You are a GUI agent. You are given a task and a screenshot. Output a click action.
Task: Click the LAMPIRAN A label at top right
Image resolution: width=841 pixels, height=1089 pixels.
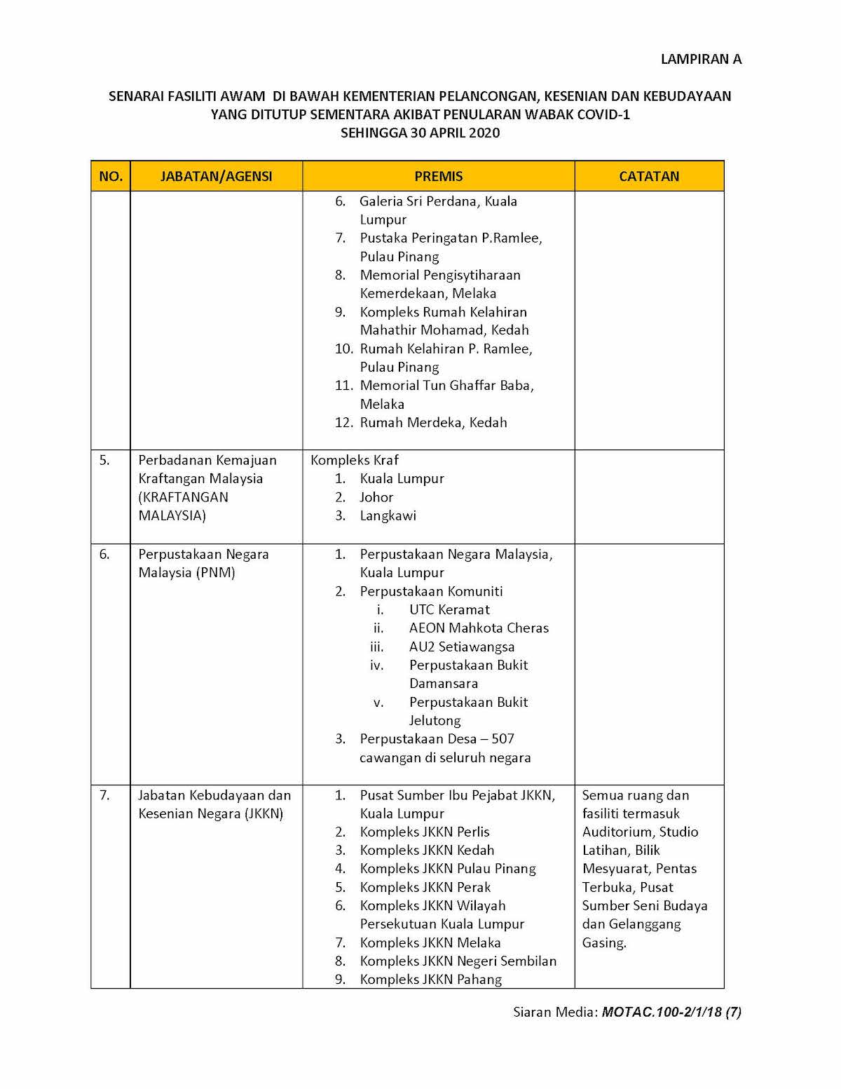point(701,60)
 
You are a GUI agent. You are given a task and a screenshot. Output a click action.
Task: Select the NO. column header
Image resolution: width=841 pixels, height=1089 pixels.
point(111,176)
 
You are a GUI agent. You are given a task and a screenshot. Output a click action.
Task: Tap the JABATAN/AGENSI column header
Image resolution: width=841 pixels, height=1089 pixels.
point(216,176)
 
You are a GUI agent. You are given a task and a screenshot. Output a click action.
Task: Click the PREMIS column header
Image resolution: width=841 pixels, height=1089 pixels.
point(439,176)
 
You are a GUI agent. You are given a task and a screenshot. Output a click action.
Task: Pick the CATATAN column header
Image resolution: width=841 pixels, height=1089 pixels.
point(649,176)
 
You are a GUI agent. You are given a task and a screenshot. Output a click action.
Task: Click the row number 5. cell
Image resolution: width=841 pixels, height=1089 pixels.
point(104,461)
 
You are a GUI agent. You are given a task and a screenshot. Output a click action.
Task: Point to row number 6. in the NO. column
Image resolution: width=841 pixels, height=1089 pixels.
point(104,555)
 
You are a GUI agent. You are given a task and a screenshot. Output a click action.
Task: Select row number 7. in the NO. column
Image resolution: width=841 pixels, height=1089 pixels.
point(104,795)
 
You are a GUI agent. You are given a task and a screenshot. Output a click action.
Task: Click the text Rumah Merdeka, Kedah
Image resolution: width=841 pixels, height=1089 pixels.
point(433,423)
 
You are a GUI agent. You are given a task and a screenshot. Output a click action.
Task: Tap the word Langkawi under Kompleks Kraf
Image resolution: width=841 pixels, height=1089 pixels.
point(388,516)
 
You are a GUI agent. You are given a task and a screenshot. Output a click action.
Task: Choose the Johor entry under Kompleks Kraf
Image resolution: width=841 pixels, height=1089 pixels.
point(376,497)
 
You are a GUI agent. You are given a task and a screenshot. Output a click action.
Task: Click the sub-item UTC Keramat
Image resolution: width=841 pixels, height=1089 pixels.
point(449,610)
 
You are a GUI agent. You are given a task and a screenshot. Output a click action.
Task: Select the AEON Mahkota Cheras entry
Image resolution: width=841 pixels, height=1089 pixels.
point(479,628)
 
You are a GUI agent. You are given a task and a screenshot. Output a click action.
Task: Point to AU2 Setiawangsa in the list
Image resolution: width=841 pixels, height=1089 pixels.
point(462,647)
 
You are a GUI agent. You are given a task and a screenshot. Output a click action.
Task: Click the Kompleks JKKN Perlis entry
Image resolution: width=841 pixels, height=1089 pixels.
point(425,832)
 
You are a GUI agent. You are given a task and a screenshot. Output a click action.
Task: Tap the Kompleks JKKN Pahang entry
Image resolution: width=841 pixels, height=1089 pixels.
point(431,980)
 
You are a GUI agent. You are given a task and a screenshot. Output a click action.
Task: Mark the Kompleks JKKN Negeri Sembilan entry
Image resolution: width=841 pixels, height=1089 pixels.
point(458,961)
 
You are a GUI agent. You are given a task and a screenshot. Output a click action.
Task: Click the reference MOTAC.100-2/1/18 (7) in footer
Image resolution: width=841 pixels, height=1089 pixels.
point(671,1013)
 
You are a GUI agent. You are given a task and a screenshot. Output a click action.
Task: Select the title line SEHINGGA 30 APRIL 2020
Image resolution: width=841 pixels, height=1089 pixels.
point(420,133)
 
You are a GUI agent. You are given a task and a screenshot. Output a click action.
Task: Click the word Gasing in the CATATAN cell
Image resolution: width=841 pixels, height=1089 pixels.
point(603,943)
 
